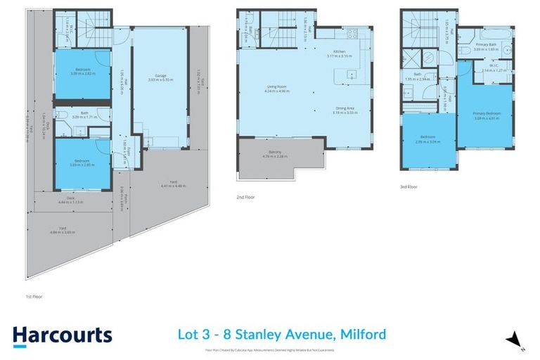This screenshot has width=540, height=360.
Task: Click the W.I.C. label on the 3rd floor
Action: pos(489,69)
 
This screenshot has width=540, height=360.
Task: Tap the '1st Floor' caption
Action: pos(33,297)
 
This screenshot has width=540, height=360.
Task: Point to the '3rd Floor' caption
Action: pos(409,187)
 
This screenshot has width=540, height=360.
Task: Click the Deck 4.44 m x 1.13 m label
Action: pos(70,200)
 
